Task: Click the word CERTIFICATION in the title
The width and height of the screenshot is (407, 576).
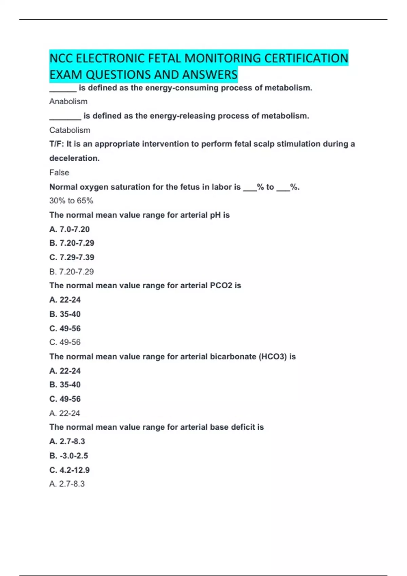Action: pos(306,58)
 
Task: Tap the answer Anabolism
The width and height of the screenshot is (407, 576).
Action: pos(68,102)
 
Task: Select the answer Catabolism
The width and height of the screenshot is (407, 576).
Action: pos(70,130)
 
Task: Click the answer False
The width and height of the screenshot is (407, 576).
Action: pos(59,172)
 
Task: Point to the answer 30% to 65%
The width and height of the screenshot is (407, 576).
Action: pos(71,201)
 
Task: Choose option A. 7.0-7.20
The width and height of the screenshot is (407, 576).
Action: pos(70,229)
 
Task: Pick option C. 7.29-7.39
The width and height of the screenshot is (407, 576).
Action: pos(72,258)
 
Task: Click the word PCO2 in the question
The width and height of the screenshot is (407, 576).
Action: pos(221,286)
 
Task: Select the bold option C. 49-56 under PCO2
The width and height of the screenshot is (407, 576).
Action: pos(65,328)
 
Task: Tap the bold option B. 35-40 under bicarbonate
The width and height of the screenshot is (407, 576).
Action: pos(65,385)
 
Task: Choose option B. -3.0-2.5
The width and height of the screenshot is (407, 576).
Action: pos(69,456)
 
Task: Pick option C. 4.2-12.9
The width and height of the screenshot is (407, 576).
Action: pos(70,470)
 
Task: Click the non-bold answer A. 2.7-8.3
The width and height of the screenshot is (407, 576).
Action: pos(67,484)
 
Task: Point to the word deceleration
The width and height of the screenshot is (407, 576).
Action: pos(74,158)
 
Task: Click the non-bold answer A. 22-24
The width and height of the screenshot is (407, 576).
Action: pos(64,413)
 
